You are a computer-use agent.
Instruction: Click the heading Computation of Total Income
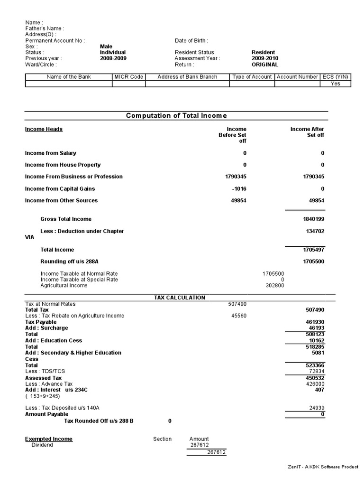point(176,116)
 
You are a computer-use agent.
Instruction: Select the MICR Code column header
point(128,77)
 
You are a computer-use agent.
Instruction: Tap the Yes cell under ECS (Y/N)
point(335,84)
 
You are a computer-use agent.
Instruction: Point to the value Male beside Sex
point(106,47)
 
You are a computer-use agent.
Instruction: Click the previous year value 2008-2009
point(113,58)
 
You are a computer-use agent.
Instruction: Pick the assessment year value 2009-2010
point(265,58)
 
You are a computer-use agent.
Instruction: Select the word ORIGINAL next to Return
point(265,65)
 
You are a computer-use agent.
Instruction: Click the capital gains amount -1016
point(239,189)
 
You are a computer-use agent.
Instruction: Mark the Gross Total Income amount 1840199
point(314,219)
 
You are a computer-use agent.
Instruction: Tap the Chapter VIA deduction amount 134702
point(315,231)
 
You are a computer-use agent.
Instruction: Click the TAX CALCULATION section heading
point(180,298)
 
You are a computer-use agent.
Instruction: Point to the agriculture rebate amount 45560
point(238,316)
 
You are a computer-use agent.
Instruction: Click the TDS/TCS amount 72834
point(316,371)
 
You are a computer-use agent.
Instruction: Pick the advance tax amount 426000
point(315,384)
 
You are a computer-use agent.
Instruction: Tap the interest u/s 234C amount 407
point(319,390)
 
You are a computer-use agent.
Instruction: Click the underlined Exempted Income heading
point(49,439)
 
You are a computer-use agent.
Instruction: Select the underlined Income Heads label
point(44,129)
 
